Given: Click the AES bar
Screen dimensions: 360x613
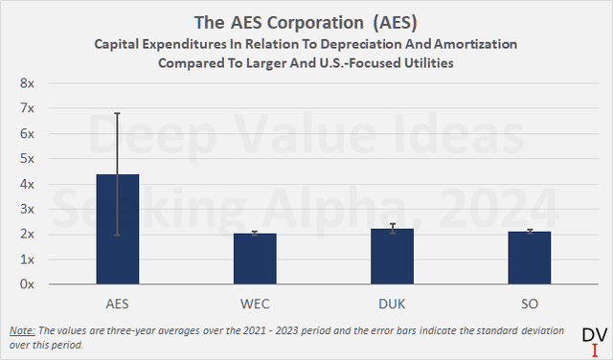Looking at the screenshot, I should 117,230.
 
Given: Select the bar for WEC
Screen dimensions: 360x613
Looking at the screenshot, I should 255,259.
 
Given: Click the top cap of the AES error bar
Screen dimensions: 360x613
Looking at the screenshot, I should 117,113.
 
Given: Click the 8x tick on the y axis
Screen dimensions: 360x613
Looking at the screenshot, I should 28,83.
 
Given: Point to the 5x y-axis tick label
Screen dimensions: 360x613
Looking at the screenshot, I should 28,159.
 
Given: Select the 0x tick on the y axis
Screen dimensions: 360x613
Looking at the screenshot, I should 28,284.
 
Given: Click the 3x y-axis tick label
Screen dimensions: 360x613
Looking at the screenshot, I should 28,209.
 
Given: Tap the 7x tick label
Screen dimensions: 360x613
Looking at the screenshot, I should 28,108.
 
